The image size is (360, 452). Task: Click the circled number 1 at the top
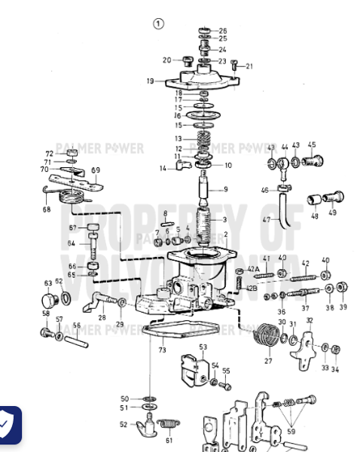click(158, 23)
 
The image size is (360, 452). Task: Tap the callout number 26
click(223, 31)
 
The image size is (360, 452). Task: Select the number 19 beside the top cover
click(150, 81)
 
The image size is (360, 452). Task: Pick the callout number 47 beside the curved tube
click(266, 219)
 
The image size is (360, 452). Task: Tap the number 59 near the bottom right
click(291, 433)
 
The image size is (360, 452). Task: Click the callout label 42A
click(253, 270)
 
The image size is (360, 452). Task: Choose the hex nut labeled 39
click(341, 289)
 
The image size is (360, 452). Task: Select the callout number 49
click(332, 213)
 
